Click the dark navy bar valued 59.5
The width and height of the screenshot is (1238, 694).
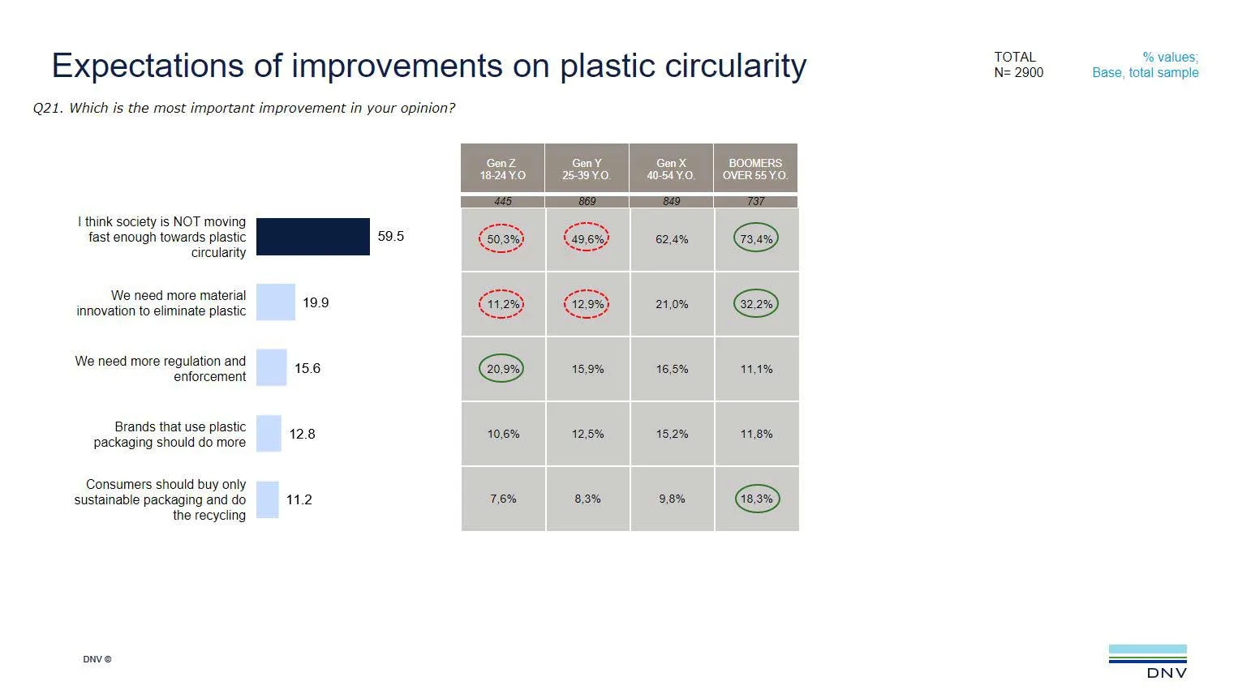(312, 237)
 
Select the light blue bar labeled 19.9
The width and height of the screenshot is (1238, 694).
(275, 302)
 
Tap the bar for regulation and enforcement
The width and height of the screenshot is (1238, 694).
(271, 368)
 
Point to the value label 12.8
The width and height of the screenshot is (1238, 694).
(302, 435)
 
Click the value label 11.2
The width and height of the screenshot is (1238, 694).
(299, 500)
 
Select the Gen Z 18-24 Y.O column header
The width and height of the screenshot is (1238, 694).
(502, 169)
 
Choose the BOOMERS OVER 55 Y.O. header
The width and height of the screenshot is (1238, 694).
(755, 169)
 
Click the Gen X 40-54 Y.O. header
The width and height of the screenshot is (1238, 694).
(671, 169)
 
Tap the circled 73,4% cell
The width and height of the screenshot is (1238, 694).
(756, 239)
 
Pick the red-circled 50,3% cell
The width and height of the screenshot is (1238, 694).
(502, 239)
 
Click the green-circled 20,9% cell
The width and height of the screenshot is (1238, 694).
(502, 369)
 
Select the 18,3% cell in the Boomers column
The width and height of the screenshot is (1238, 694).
(756, 499)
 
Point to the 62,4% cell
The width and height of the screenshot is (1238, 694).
(672, 239)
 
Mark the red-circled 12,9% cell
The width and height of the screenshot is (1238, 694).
(587, 304)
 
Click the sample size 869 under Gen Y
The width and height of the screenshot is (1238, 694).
(587, 201)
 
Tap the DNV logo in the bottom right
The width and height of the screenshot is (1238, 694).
(1147, 661)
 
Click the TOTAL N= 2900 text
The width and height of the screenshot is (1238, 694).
(1018, 65)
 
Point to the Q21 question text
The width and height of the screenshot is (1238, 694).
(243, 109)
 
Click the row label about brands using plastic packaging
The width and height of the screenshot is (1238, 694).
(169, 435)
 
